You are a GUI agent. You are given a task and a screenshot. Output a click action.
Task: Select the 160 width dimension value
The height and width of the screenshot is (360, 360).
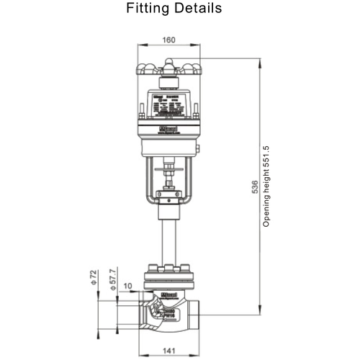click(169, 40)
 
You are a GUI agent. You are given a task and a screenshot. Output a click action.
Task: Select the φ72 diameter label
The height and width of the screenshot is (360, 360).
click(93, 276)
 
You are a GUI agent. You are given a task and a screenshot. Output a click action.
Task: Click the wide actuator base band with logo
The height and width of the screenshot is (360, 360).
click(168, 132)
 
